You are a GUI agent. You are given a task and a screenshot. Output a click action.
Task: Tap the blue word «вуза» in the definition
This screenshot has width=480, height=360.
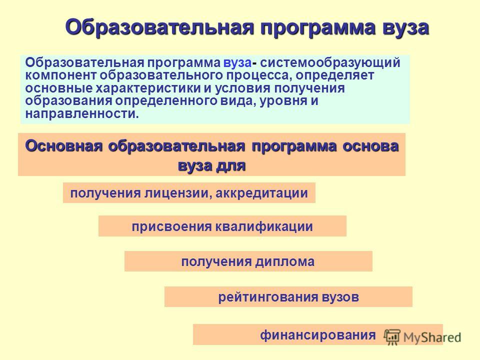click(x=237, y=62)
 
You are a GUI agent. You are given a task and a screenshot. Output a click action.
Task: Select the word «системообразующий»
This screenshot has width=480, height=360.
click(x=330, y=63)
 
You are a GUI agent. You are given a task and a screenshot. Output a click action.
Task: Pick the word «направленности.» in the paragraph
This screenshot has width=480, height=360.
click(x=82, y=114)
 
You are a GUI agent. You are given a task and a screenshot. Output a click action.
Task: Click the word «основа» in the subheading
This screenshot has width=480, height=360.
click(x=370, y=146)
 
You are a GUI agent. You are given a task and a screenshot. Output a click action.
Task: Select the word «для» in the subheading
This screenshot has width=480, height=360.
click(x=231, y=166)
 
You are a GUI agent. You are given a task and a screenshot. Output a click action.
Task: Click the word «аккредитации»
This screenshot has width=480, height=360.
click(x=261, y=193)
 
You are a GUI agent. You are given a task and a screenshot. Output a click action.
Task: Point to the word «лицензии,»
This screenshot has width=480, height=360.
click(x=177, y=193)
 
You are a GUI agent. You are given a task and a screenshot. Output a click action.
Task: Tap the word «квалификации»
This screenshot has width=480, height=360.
click(x=264, y=227)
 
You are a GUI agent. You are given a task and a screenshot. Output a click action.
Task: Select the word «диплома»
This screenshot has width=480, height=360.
click(x=285, y=262)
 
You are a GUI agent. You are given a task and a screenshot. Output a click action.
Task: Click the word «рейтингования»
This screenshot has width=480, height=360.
click(x=268, y=297)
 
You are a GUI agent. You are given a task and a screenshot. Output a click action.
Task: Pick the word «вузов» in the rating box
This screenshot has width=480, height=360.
click(x=340, y=297)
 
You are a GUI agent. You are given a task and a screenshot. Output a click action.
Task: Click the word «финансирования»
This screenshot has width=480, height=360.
click(x=318, y=335)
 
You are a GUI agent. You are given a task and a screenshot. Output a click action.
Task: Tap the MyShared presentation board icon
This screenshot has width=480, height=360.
click(x=392, y=337)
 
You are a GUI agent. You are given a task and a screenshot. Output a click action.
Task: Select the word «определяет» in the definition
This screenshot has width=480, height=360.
click(x=335, y=75)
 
